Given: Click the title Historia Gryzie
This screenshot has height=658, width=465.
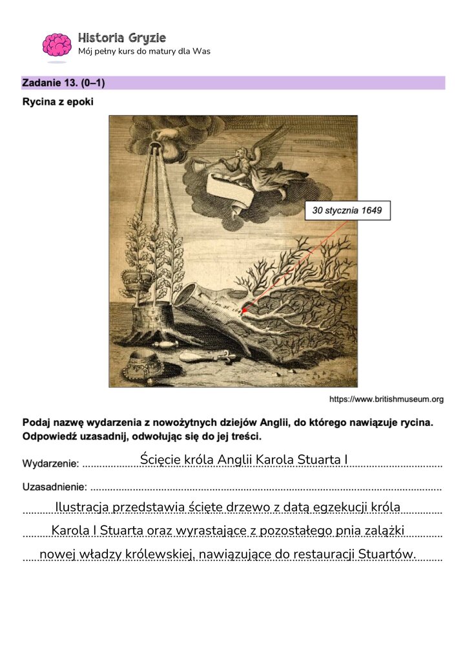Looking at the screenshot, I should point(121,37).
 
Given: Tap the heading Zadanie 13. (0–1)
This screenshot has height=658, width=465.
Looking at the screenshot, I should point(63,83).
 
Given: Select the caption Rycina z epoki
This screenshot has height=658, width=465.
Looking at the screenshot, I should point(57,101).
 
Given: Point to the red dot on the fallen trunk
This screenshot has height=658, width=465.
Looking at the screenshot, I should point(244,311).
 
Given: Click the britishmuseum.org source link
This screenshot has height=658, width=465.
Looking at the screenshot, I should point(386,399).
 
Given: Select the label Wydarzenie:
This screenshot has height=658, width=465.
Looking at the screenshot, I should point(50,463).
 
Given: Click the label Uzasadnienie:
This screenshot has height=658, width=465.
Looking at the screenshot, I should point(55,487).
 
